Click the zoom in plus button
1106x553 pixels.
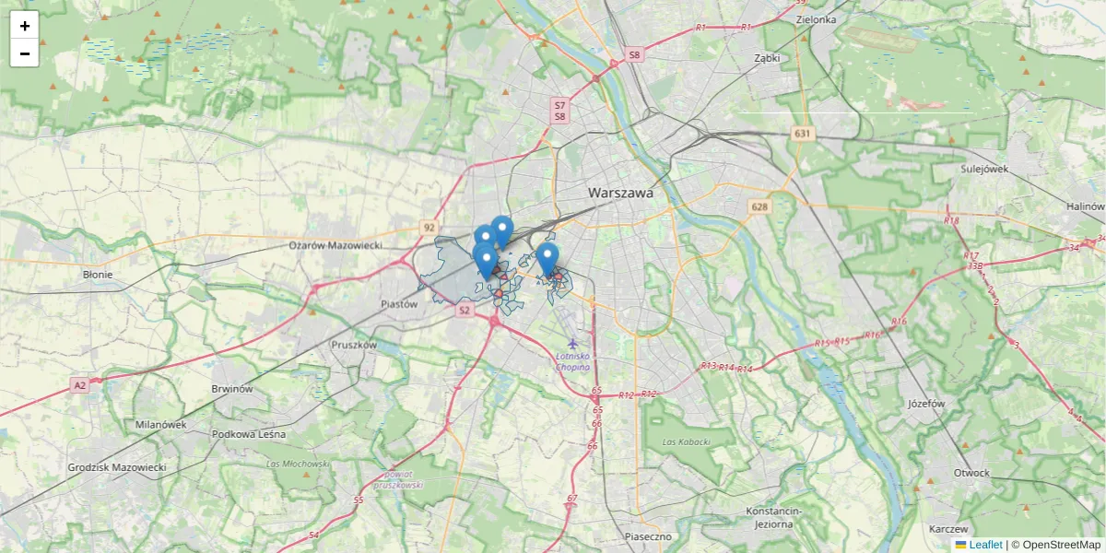click(x=25, y=26)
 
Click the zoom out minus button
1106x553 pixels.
click(x=25, y=53)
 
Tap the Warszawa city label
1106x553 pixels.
click(x=620, y=194)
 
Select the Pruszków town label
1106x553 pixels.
click(x=354, y=345)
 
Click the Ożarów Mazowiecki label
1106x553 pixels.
click(x=335, y=246)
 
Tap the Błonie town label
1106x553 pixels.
click(x=98, y=275)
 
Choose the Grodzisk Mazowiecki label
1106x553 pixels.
click(x=116, y=468)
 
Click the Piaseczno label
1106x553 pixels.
click(x=649, y=535)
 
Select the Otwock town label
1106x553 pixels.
click(x=972, y=473)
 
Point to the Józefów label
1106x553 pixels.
click(x=926, y=404)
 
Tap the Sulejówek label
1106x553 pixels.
click(x=985, y=169)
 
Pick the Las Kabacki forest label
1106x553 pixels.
click(x=687, y=442)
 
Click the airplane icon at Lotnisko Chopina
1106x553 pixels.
click(x=573, y=344)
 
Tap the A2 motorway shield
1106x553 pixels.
click(x=80, y=384)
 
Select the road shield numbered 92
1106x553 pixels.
click(x=429, y=227)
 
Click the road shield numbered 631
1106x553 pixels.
click(x=804, y=135)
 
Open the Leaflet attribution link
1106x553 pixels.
click(x=985, y=545)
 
